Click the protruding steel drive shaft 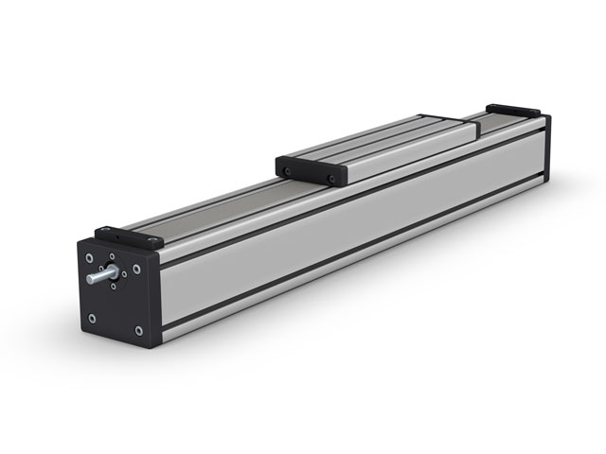pyautogui.click(x=95, y=279)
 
